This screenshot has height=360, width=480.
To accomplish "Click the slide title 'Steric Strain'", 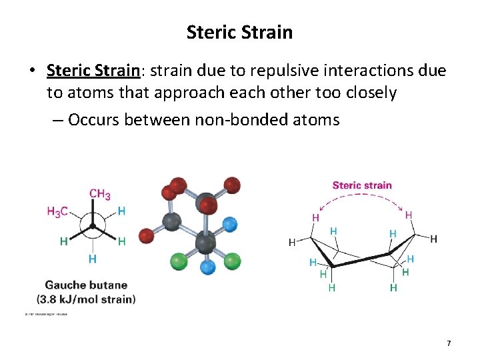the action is click(239, 32).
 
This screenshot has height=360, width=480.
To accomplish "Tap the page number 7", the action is click(449, 343).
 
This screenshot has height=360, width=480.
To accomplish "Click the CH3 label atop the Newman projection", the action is click(99, 194).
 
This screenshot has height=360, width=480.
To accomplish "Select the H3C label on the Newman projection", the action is click(57, 211).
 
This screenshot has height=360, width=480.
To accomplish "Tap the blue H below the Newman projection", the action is click(92, 259).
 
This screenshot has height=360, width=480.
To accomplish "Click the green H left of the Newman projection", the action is click(63, 241).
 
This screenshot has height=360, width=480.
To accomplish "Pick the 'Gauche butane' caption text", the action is click(85, 286).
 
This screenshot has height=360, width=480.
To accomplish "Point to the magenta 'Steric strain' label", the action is click(362, 185).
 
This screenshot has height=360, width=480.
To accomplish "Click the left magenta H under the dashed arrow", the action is click(315, 217).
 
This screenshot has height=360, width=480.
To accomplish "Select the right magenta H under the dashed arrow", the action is click(408, 215).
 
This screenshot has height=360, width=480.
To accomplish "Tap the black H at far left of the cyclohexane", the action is click(292, 243).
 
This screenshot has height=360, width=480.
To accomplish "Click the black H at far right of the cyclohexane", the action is click(434, 239).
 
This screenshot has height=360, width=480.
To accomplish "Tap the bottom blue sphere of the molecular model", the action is click(209, 267).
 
